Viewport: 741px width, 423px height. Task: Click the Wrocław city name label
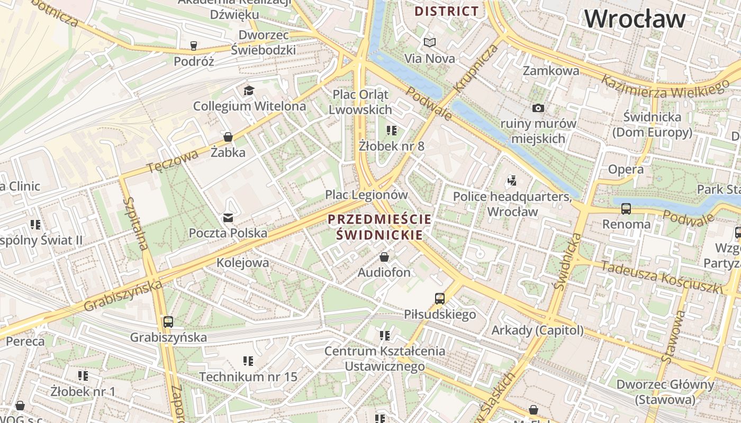pos(635,19)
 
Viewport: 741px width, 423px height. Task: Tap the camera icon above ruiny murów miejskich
pos(538,108)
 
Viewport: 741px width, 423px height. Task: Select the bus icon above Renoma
pos(626,208)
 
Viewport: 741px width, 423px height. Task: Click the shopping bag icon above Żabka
pos(228,137)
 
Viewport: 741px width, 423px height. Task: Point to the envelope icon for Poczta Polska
pos(228,217)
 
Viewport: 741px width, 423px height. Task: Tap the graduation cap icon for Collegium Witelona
pos(249,90)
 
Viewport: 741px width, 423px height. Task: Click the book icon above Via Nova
pos(430,42)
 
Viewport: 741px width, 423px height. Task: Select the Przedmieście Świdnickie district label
pos(379,227)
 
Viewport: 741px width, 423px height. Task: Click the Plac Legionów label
pos(366,195)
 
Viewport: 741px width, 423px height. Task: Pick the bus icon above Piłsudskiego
pos(439,298)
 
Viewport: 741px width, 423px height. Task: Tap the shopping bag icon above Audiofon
pos(384,257)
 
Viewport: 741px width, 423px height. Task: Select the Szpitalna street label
pos(135,224)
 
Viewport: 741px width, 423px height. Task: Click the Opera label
pos(626,170)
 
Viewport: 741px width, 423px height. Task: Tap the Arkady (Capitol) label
pos(537,330)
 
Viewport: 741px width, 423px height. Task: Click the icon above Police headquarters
pos(511,180)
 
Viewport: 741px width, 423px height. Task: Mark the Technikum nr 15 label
pos(248,377)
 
